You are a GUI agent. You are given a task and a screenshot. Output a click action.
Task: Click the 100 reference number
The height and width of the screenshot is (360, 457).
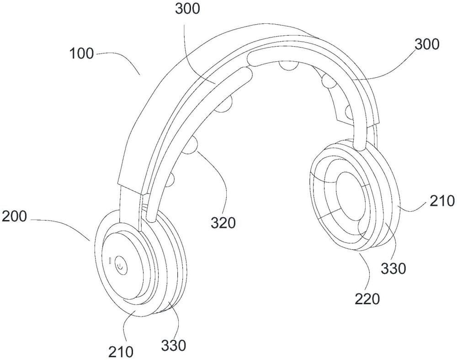(82, 54)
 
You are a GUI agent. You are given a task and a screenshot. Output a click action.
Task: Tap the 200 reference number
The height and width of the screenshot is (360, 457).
(14, 216)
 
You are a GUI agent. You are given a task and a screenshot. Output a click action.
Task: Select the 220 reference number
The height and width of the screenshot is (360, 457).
(367, 299)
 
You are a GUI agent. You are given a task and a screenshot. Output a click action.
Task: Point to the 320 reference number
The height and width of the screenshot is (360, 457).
(223, 223)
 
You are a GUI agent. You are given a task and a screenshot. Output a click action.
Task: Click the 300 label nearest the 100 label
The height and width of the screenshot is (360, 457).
(188, 9)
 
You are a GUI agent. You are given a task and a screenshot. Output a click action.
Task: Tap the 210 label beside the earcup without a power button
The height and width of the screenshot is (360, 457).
(442, 201)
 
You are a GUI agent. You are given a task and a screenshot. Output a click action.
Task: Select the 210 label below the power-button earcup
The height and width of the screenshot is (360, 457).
(121, 352)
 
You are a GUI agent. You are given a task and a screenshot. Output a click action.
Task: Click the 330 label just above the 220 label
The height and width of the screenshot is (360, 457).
(393, 269)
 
